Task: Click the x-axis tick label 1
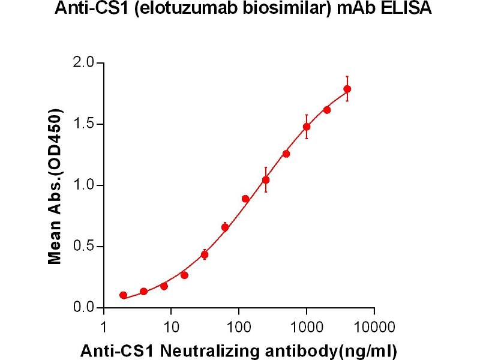coord(104,327)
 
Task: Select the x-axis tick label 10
coord(171,327)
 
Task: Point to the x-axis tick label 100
coord(239,327)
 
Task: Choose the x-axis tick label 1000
coord(307,327)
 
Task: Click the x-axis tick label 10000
coord(374,327)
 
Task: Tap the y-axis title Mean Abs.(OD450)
coord(56,187)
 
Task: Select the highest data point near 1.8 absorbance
coord(347,89)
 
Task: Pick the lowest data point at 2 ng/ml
coord(124,295)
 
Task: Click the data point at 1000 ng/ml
coord(307,127)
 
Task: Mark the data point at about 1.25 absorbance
coord(286,154)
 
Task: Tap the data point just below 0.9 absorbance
coord(245,199)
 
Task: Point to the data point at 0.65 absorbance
coord(225,227)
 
